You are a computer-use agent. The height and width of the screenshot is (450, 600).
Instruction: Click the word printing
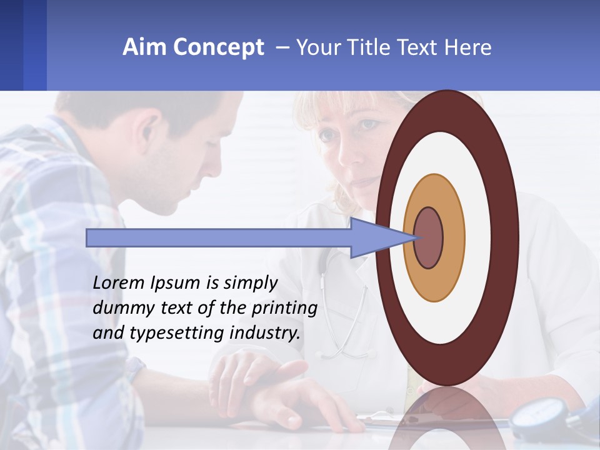pyautogui.click(x=284, y=309)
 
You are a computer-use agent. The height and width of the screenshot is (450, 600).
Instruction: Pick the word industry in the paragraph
pyautogui.click(x=265, y=333)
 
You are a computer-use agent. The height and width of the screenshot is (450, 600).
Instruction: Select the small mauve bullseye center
pyautogui.click(x=428, y=238)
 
